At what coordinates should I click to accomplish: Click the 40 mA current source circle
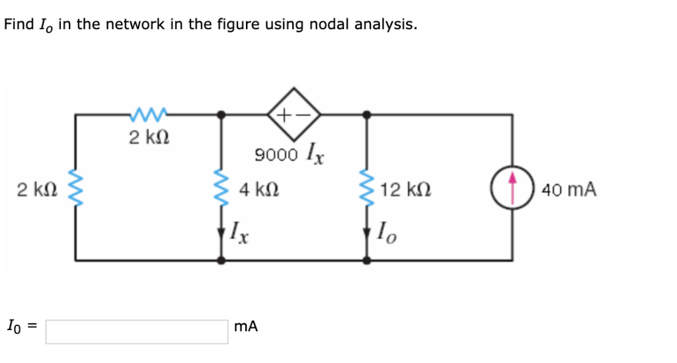pos(512,189)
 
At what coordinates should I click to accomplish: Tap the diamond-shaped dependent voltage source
pos(294,114)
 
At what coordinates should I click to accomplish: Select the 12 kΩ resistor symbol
pos(367,188)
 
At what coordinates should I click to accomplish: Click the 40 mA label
pos(569,190)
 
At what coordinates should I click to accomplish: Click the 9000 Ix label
pos(290,155)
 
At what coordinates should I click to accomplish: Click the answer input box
pos(136,331)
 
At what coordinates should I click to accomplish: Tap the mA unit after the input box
pos(246,327)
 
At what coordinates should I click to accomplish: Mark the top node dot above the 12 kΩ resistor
pos(367,114)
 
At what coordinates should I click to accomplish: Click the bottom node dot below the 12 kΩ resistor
pos(367,261)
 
